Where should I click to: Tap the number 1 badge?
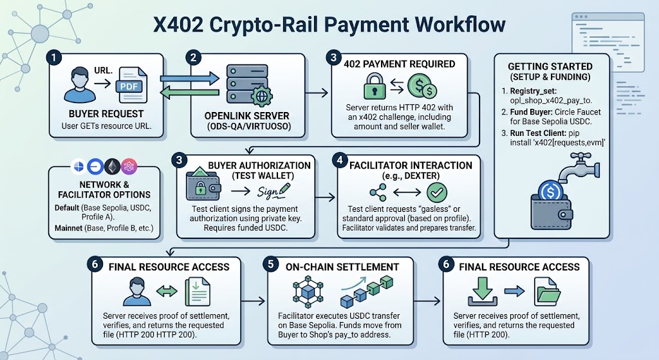[x=54, y=57]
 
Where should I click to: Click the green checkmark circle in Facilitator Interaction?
[x=437, y=193]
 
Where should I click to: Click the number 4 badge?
[x=340, y=160]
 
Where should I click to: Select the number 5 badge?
[x=270, y=264]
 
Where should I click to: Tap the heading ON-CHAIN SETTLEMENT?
[x=342, y=267]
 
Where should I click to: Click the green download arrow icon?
[x=483, y=291]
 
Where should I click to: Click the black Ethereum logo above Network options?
[x=112, y=167]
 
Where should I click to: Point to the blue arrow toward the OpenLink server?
[x=190, y=78]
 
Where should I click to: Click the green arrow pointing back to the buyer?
[x=190, y=93]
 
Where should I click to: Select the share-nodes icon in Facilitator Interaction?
[x=378, y=192]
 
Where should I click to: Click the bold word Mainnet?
[x=68, y=229]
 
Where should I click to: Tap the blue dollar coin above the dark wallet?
[x=550, y=192]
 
